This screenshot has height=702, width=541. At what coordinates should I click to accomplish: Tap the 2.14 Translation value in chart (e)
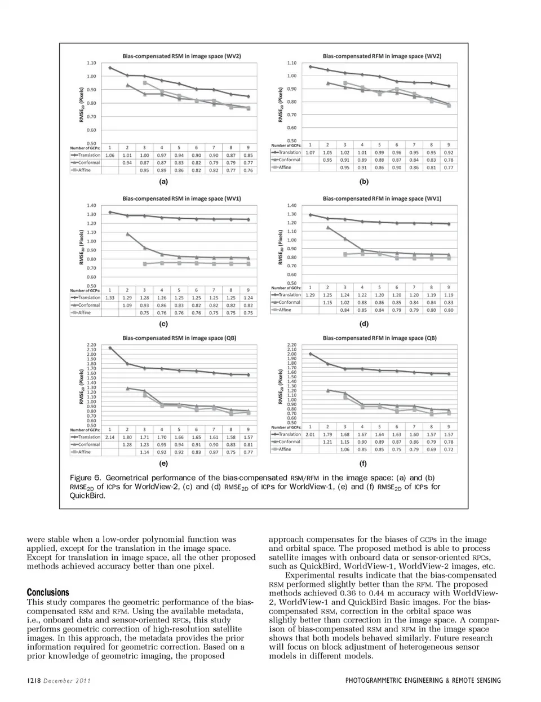coord(110,437)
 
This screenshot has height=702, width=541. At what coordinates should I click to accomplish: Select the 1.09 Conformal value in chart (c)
coord(127,305)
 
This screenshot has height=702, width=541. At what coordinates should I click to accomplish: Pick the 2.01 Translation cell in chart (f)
coord(310,435)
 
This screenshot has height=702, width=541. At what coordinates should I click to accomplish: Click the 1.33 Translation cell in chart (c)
coord(110,298)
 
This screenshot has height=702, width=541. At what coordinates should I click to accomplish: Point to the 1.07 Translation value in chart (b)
coord(310,153)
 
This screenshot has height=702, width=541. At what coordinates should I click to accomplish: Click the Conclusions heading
coord(48,592)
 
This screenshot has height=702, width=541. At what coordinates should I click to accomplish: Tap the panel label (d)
coord(363,324)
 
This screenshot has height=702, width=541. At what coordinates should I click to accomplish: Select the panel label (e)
coord(163,463)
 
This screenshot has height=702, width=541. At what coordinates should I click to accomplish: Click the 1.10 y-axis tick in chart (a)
coord(91,63)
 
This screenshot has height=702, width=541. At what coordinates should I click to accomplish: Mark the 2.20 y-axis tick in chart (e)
coord(91,345)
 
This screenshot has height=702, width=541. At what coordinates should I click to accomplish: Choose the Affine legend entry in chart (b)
coord(285,167)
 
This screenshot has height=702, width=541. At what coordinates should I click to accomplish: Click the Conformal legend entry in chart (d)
coord(289,302)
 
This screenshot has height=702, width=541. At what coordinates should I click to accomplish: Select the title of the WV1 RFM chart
coord(382,198)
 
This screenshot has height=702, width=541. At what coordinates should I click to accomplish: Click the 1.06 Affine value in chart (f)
coord(345,449)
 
